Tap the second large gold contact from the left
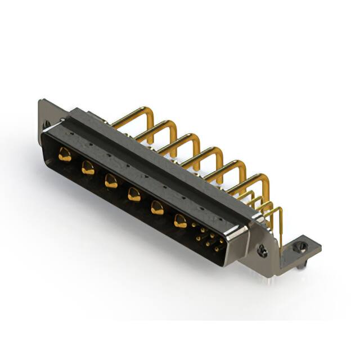click(x=88, y=167)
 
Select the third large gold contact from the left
click(x=111, y=181)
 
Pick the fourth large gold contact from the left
click(x=134, y=194)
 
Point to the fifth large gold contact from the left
click(x=157, y=208)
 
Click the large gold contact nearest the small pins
click(x=180, y=221)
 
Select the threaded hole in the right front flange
click(x=262, y=251)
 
